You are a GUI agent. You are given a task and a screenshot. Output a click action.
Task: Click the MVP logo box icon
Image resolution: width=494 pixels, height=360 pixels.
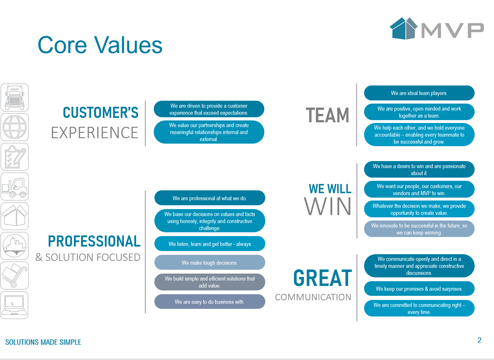pyautogui.click(x=403, y=28)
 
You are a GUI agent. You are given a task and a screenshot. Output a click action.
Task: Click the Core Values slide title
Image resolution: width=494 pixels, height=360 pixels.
pyautogui.click(x=100, y=45)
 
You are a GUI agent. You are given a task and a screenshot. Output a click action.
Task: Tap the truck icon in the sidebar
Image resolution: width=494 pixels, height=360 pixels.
pyautogui.click(x=15, y=98)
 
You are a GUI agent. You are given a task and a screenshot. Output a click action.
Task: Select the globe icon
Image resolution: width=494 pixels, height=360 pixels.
pyautogui.click(x=15, y=127)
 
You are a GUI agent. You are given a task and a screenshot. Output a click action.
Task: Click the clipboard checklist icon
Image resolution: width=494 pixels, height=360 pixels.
pyautogui.click(x=15, y=157)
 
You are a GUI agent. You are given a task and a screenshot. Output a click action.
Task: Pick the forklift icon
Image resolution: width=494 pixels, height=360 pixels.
pyautogui.click(x=15, y=187)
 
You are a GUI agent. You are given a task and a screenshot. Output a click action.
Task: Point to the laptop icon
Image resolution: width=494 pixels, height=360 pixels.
pyautogui.click(x=14, y=305)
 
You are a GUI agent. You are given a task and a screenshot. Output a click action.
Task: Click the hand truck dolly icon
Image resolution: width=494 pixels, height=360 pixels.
pyautogui.click(x=14, y=275)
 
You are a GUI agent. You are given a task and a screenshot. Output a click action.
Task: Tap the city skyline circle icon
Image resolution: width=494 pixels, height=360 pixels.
pyautogui.click(x=15, y=246)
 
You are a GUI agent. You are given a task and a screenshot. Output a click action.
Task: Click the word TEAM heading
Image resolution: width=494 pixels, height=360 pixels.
pyautogui.click(x=328, y=115)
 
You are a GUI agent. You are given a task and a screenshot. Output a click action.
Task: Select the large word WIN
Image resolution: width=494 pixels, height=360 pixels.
pyautogui.click(x=328, y=206)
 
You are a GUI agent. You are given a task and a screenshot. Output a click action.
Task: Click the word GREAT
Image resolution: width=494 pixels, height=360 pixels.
pyautogui.click(x=322, y=278)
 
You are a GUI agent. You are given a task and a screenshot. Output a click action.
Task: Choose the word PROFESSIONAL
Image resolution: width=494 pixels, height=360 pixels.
pyautogui.click(x=94, y=241)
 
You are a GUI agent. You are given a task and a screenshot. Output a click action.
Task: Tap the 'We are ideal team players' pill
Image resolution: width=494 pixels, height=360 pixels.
pyautogui.click(x=419, y=93)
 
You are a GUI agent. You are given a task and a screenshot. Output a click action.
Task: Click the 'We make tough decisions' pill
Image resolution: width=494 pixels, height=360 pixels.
pyautogui.click(x=209, y=262)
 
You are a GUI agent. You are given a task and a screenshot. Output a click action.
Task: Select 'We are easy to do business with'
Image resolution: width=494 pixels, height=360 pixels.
pyautogui.click(x=209, y=302)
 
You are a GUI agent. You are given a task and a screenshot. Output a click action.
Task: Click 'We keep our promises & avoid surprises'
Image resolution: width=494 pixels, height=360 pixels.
pyautogui.click(x=419, y=289)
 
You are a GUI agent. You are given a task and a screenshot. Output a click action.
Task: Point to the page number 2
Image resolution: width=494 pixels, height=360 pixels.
pyautogui.click(x=479, y=340)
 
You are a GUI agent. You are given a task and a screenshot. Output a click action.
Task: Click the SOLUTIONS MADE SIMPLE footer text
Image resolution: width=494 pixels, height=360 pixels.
pyautogui.click(x=43, y=342)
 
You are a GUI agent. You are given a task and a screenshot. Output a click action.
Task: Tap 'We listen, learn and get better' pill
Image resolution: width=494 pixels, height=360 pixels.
pyautogui.click(x=209, y=244)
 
